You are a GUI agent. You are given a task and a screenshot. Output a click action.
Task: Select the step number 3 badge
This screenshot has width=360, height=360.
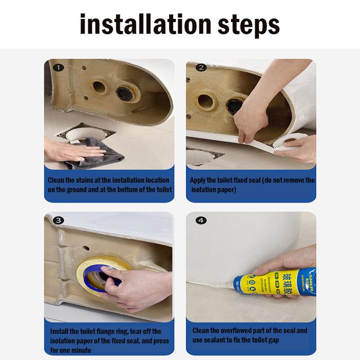pos(59,221)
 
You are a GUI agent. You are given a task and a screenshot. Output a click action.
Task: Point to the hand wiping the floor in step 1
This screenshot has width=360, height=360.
pos(64,151)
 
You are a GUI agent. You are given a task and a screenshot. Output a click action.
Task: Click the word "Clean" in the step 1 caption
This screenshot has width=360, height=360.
pos(56,181)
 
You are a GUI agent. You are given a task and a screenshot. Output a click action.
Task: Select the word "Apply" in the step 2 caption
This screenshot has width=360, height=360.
pos(199,181)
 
